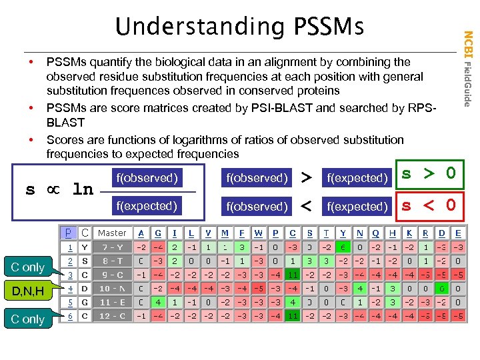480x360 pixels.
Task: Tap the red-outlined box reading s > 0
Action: tap(429, 175)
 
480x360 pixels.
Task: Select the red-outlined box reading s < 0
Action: tap(429, 205)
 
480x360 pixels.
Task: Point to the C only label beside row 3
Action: tap(27, 267)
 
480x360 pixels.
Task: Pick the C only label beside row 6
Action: tap(27, 319)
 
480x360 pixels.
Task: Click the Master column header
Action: tap(111, 233)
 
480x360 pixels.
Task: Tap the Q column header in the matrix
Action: tap(376, 233)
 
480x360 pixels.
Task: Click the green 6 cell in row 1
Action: tap(343, 248)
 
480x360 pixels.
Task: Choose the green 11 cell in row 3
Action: tap(293, 275)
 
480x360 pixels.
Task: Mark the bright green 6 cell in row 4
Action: tap(441, 289)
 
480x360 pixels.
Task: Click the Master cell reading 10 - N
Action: tap(111, 289)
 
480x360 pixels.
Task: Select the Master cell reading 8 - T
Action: tap(111, 261)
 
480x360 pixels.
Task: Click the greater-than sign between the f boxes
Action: tap(307, 178)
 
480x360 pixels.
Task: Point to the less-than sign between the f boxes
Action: tap(307, 206)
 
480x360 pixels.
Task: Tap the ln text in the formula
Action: tap(82, 190)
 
